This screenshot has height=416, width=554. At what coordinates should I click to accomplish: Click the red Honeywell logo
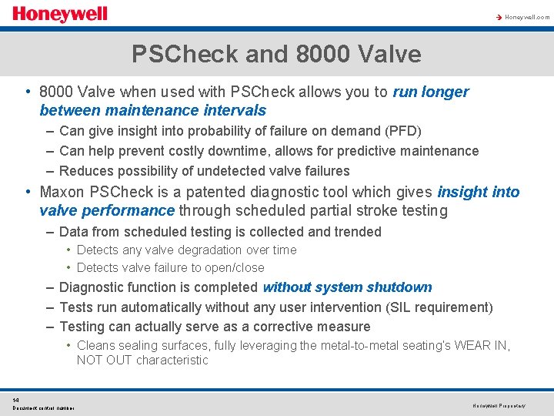(60, 15)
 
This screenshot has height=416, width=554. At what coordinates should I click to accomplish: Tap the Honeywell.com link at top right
(527, 17)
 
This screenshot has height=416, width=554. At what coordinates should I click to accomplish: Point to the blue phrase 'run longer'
(430, 92)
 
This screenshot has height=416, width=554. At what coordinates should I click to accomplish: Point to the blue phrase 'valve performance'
(107, 210)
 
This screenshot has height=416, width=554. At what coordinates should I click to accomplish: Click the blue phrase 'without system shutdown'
(347, 287)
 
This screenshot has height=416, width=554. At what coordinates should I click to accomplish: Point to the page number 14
(16, 400)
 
